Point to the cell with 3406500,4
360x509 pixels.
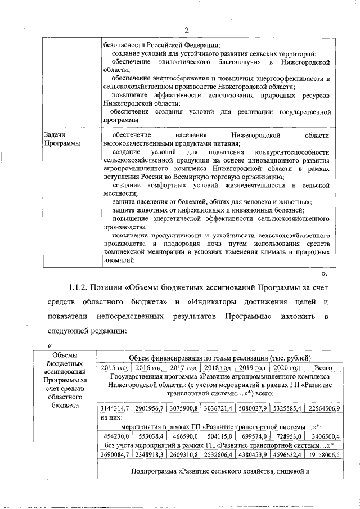click(326, 436)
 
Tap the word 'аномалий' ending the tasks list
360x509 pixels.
click(119, 260)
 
